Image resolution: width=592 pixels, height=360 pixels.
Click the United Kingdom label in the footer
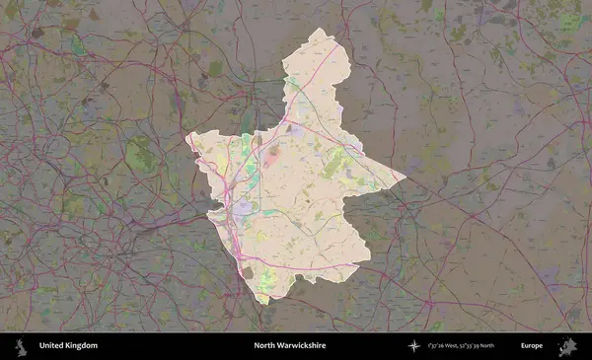68,346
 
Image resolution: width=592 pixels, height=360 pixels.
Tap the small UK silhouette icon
20,346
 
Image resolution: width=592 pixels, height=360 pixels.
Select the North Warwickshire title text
289,346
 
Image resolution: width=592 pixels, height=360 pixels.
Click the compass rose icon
415,346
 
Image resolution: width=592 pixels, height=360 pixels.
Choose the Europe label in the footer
532,346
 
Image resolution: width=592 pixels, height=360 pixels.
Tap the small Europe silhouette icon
567,346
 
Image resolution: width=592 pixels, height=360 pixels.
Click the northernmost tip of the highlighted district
318,29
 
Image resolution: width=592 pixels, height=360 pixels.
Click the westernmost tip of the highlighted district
185,139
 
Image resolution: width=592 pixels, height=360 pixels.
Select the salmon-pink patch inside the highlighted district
271,154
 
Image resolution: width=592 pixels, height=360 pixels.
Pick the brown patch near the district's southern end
248,272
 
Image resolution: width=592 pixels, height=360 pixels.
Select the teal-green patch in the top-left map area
77,46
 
